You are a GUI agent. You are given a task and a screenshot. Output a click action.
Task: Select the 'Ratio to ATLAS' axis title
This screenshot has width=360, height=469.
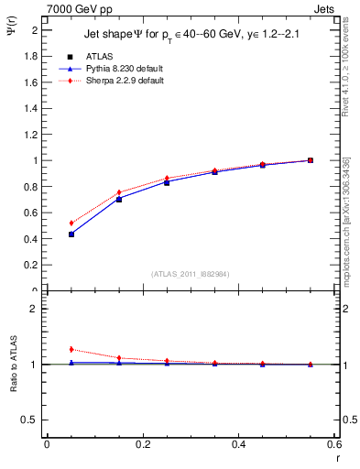[x=13, y=365]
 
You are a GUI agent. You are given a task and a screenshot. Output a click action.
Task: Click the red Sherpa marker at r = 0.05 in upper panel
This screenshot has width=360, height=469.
[x=71, y=223]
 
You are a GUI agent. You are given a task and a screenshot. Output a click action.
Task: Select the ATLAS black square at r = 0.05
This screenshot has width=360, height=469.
[x=71, y=234]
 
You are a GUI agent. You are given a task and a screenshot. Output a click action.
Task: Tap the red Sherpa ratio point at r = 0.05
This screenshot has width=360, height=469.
[x=71, y=349]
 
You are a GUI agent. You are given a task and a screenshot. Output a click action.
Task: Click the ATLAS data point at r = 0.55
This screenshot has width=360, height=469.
[x=311, y=160]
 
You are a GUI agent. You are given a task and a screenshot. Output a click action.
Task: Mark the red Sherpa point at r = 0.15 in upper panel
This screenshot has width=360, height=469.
[x=119, y=192]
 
